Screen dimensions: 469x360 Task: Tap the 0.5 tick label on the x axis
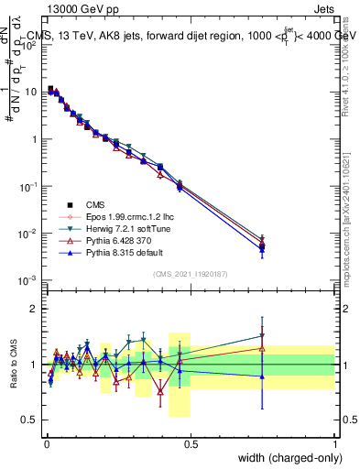click(x=191, y=444)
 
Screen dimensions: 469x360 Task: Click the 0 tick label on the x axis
click(x=46, y=444)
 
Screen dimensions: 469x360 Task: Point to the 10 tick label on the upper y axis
click(x=30, y=92)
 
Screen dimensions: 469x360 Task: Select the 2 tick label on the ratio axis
click(x=34, y=309)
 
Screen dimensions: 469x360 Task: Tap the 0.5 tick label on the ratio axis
click(x=30, y=420)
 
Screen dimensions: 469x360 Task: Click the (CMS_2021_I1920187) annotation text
click(x=191, y=274)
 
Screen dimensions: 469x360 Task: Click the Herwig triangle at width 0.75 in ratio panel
click(x=263, y=335)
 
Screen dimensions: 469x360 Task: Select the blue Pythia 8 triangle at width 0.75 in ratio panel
click(x=263, y=376)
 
